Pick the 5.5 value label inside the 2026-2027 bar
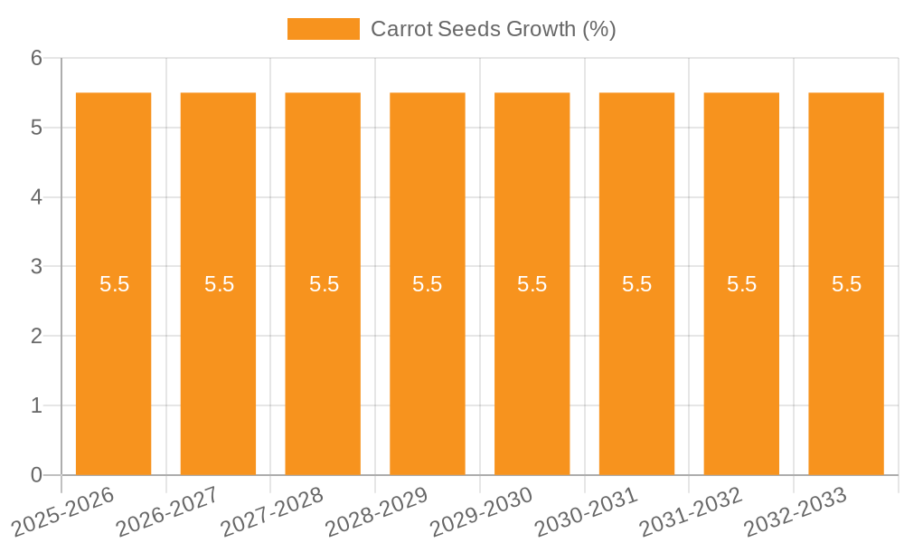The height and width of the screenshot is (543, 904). pos(219,284)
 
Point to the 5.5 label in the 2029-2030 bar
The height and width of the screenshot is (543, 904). pos(532,284)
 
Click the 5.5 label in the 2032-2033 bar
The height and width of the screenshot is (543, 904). pos(846,284)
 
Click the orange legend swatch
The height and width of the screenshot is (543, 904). pos(323,29)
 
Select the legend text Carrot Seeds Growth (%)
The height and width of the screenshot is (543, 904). pos(493,29)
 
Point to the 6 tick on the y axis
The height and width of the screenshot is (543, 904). pos(36,59)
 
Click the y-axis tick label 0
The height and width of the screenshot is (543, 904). pos(36,475)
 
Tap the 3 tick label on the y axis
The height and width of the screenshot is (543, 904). pos(36,267)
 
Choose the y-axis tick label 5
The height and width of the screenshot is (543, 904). pos(36,128)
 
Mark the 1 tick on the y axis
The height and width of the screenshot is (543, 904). pos(36,405)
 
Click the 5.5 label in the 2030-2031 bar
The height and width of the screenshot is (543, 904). pos(636,284)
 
